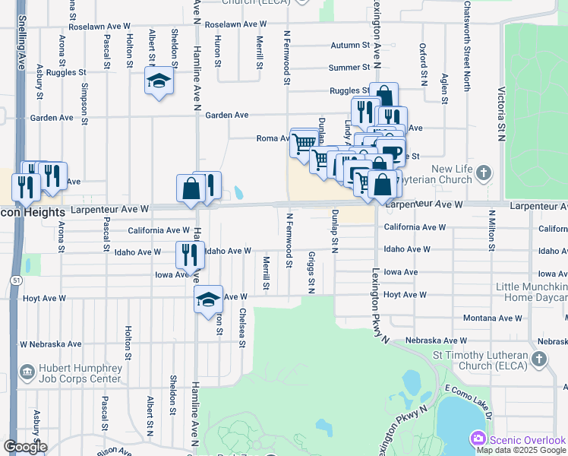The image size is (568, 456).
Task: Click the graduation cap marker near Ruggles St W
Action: (x=159, y=81)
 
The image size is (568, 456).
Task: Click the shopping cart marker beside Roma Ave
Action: (x=304, y=141)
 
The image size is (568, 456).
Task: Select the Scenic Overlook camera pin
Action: (x=478, y=439)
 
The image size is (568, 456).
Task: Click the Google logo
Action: (x=25, y=447)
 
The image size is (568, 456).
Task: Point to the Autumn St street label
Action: (x=349, y=46)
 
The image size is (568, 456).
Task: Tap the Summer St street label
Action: (x=349, y=68)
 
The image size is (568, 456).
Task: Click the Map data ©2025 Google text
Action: (x=521, y=450)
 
